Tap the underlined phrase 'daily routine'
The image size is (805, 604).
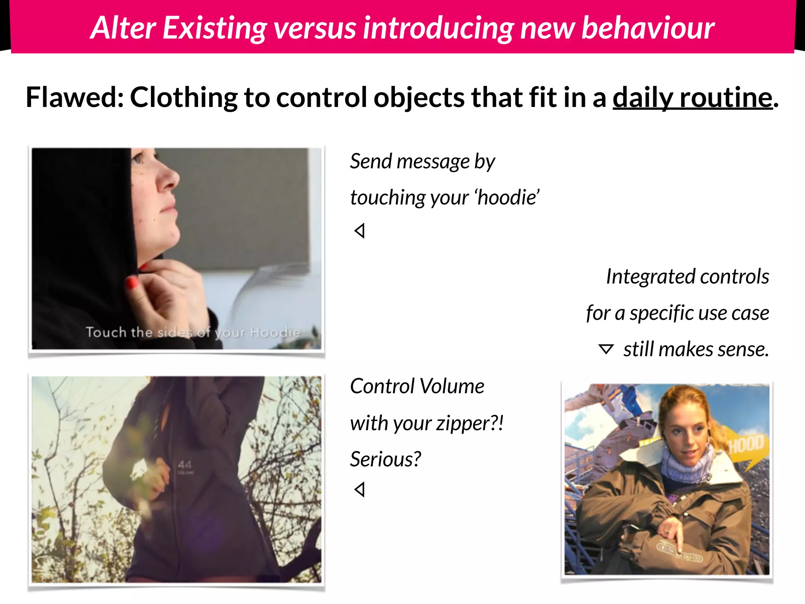pos(693,97)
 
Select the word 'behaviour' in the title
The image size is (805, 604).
pos(647,28)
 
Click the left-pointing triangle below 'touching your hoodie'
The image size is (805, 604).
pos(360,231)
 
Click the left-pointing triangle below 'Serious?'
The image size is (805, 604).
pos(360,490)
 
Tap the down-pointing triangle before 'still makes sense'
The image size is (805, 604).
pos(606,349)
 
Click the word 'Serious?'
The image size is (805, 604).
pos(385,459)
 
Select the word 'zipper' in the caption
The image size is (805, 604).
pos(463,424)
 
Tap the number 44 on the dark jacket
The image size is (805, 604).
pos(185,465)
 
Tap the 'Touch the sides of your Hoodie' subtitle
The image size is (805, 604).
pos(193,333)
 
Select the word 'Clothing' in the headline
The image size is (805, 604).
pos(184,97)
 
